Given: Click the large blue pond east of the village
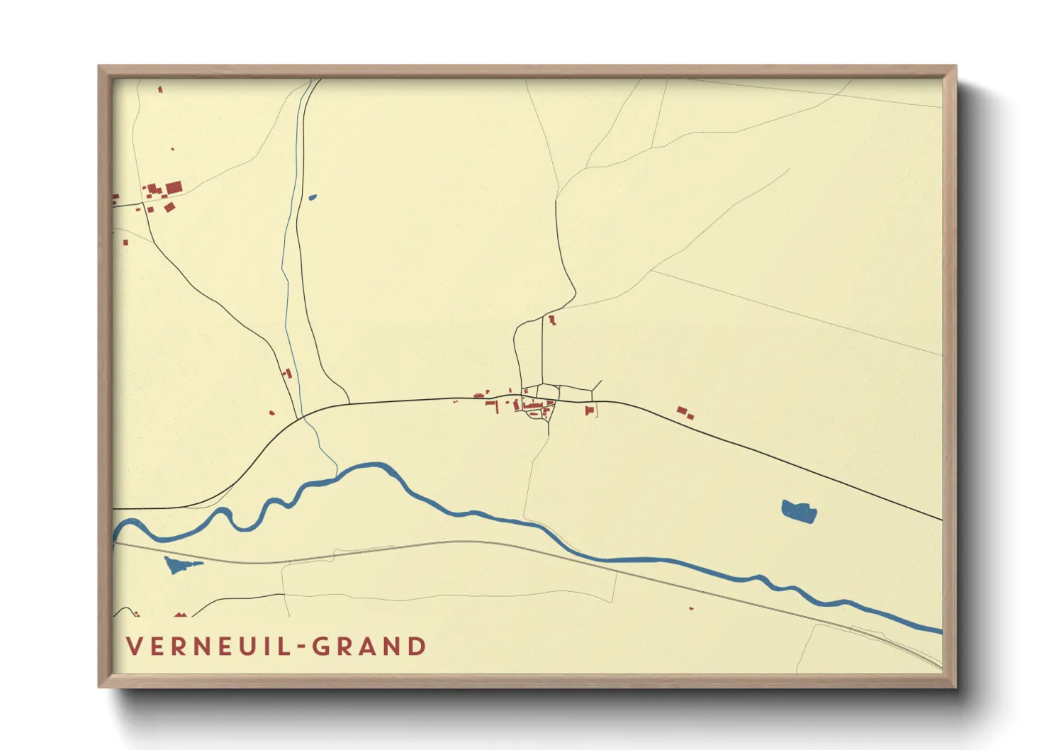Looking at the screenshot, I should pyautogui.click(x=799, y=510).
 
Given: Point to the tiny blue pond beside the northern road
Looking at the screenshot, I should pyautogui.click(x=312, y=198).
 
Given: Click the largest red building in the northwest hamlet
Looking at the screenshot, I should pyautogui.click(x=174, y=188).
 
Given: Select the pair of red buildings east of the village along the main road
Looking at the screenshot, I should pyautogui.click(x=684, y=413).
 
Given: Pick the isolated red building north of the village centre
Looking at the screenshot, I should pyautogui.click(x=551, y=320).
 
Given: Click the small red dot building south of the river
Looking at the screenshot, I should pyautogui.click(x=691, y=608).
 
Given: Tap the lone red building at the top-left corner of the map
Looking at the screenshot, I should pyautogui.click(x=160, y=89).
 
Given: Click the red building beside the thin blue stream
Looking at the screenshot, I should pyautogui.click(x=288, y=373).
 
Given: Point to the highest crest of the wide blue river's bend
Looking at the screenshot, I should pyautogui.click(x=369, y=466).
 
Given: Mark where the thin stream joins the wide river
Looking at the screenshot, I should pyautogui.click(x=336, y=474).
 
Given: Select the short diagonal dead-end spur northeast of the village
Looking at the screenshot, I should pyautogui.click(x=597, y=386).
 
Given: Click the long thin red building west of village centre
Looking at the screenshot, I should pyautogui.click(x=490, y=403).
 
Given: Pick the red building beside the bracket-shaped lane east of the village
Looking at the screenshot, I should pyautogui.click(x=589, y=410).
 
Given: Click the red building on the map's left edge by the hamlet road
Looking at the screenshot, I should pyautogui.click(x=115, y=198).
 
